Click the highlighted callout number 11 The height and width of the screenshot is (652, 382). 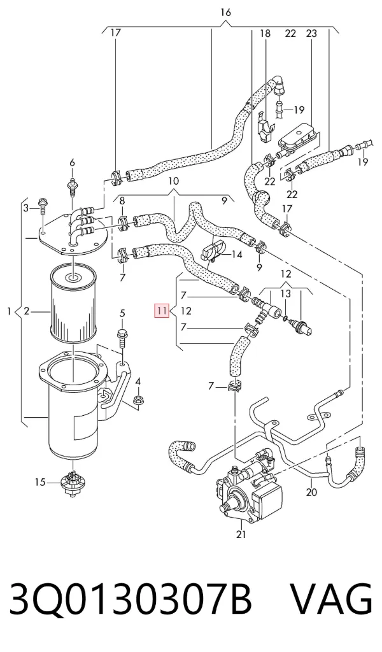(x=162, y=310)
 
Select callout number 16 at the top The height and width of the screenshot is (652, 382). (x=225, y=13)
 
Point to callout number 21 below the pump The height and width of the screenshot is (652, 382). (x=241, y=534)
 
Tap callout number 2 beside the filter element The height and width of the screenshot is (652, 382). (x=27, y=310)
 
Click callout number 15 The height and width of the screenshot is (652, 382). (x=40, y=483)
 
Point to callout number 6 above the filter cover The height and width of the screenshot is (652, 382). (x=72, y=162)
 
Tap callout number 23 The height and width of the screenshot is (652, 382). (x=311, y=33)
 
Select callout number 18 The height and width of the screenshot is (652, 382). (x=265, y=33)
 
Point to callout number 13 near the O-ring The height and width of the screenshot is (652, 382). (x=297, y=294)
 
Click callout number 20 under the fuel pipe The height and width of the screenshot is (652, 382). (x=311, y=492)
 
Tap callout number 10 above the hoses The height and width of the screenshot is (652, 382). (x=173, y=181)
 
